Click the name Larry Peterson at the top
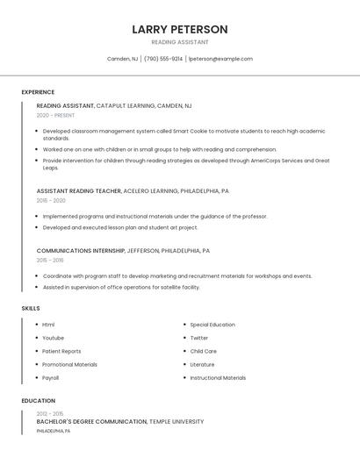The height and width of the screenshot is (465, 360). (x=180, y=29)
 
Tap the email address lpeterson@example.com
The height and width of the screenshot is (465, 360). (x=220, y=59)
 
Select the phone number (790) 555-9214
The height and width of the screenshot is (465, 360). (x=163, y=59)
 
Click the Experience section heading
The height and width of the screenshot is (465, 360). (x=38, y=92)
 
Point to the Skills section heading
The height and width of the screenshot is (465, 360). (x=31, y=309)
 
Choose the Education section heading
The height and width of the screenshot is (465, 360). (x=38, y=401)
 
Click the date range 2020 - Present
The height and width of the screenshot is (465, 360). (x=55, y=115)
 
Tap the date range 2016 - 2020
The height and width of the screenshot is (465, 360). (x=51, y=200)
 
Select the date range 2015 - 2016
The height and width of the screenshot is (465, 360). (x=50, y=260)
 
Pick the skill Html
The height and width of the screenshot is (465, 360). (x=48, y=325)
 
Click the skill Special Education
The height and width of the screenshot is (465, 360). (x=212, y=325)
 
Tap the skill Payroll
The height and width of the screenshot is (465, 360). (x=50, y=378)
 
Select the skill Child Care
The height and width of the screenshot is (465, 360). (x=203, y=351)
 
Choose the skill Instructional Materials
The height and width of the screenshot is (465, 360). (x=218, y=378)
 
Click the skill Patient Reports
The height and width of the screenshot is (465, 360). (x=61, y=351)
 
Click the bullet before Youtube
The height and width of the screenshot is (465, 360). (x=36, y=338)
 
